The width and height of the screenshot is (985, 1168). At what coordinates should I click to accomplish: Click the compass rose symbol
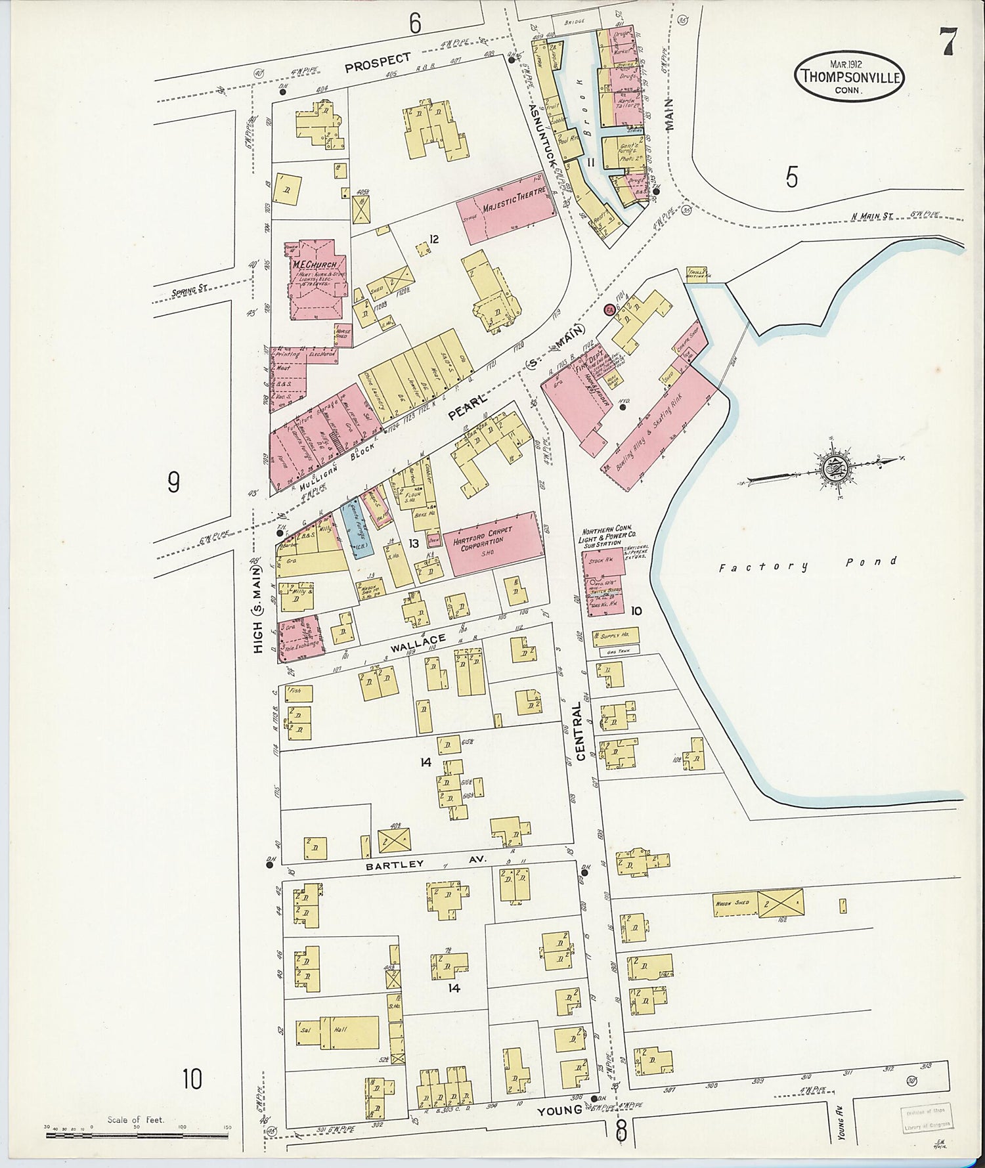tap(832, 469)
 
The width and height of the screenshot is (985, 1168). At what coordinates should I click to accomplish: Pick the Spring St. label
tap(189, 288)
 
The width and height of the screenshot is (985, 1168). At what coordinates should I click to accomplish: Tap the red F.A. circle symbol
tap(609, 309)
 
